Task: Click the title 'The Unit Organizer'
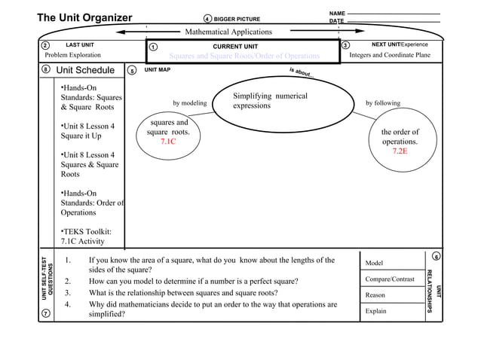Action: click(84, 18)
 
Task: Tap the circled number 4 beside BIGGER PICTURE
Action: click(208, 19)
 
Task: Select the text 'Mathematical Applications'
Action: click(228, 32)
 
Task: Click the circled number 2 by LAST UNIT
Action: click(44, 46)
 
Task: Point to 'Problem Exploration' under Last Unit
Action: click(72, 56)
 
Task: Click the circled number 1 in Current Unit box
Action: click(153, 47)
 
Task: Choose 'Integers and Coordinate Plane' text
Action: click(390, 56)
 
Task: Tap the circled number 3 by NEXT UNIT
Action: click(345, 46)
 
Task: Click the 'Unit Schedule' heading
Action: click(87, 71)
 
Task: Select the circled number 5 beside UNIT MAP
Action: click(132, 71)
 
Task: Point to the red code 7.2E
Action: click(400, 151)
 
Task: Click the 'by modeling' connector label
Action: click(189, 103)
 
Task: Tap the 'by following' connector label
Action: click(383, 103)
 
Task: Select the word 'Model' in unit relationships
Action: click(375, 264)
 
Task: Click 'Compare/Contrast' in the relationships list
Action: click(390, 279)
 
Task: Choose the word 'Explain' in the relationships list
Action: click(376, 310)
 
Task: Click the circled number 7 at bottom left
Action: click(45, 314)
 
